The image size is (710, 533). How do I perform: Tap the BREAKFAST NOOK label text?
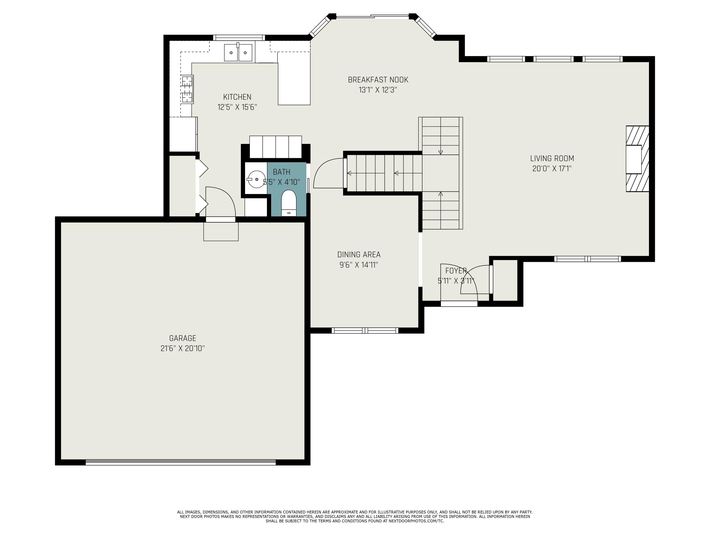click(378, 80)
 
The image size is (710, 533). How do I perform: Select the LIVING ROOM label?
click(552, 158)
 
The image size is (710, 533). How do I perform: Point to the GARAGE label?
click(183, 338)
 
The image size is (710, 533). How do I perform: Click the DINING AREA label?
click(359, 255)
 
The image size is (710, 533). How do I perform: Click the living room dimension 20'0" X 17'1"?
click(552, 169)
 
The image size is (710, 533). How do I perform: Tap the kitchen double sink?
click(238, 53)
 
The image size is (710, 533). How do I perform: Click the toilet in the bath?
click(288, 203)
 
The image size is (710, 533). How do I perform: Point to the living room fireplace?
click(637, 159)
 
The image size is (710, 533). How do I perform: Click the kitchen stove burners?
click(187, 89)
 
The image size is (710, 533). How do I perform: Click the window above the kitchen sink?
click(239, 38)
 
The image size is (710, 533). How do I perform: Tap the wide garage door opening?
click(181, 462)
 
